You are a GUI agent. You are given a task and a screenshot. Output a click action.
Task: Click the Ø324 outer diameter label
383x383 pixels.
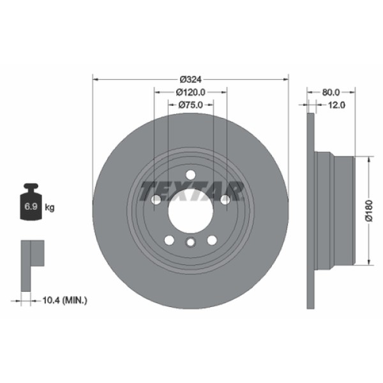[x=190, y=79]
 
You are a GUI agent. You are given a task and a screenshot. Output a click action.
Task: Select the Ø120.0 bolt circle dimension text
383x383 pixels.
[x=190, y=92]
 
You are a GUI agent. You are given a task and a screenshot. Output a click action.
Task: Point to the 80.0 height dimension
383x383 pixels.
[x=331, y=92]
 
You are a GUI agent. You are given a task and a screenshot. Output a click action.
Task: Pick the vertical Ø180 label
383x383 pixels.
[x=368, y=210]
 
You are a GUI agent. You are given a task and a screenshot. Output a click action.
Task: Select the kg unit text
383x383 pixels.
[x=50, y=207]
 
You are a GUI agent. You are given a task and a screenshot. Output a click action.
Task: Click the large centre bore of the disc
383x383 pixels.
[x=190, y=210]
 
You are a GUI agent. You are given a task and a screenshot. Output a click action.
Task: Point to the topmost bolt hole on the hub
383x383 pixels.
[x=190, y=175]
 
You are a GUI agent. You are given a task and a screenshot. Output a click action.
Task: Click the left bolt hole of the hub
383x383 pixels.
[x=156, y=200]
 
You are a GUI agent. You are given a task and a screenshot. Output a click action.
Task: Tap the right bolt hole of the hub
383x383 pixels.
[x=225, y=200]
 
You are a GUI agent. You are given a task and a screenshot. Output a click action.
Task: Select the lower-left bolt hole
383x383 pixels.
[x=169, y=240]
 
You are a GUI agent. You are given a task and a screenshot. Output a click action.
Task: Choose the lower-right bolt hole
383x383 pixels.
[x=211, y=240]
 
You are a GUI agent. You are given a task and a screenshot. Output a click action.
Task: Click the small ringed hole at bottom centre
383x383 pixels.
[x=190, y=243]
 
